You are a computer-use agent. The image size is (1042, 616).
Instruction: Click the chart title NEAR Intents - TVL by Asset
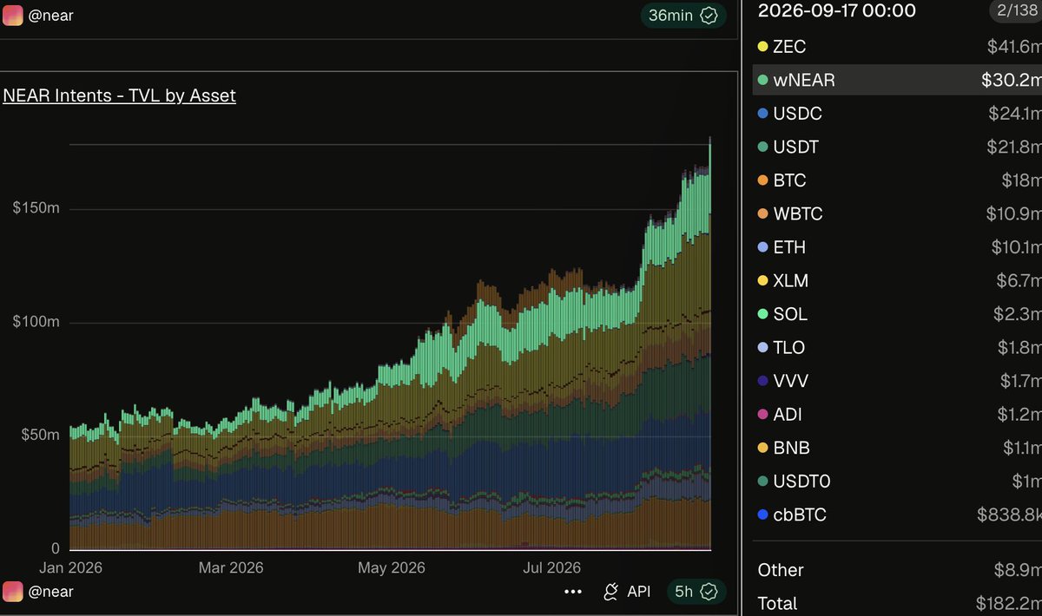tap(119, 95)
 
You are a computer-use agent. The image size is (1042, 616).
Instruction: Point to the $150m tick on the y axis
tap(36, 208)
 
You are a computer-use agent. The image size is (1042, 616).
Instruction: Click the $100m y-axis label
tap(36, 321)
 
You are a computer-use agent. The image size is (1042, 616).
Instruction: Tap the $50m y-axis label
tap(40, 435)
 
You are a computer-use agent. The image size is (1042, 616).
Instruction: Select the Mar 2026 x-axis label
tap(231, 567)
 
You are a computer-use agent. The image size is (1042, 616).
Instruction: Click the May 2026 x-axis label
tap(392, 567)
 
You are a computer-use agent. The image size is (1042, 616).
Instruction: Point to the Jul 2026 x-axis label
tap(551, 567)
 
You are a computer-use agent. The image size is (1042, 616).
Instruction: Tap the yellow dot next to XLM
tap(762, 280)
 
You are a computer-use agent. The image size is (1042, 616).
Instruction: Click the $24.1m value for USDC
tap(1015, 114)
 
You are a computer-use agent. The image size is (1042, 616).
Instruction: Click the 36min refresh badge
tap(683, 16)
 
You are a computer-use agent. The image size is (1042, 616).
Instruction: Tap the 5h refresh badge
tap(696, 592)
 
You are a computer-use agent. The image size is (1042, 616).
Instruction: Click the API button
tap(627, 592)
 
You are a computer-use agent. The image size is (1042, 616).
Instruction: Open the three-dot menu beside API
tap(572, 592)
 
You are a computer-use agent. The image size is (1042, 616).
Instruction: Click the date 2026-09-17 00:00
tap(836, 10)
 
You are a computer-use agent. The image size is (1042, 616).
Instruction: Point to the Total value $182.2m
tap(1008, 604)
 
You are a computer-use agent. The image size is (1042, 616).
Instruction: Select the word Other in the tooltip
tap(780, 570)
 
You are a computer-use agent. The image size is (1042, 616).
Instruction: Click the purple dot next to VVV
tap(762, 381)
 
